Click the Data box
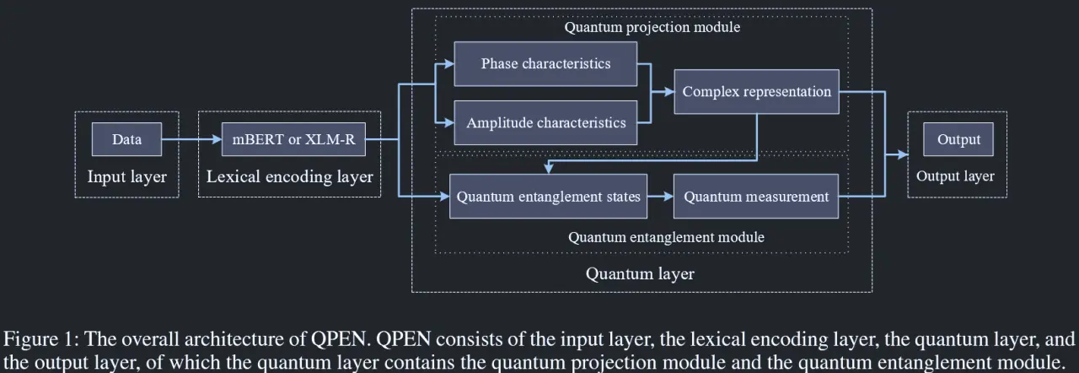click(x=126, y=139)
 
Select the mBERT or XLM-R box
click(x=293, y=139)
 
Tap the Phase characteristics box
click(x=545, y=63)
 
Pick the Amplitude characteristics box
click(x=545, y=122)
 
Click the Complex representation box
click(x=756, y=92)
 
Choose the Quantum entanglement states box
click(x=548, y=196)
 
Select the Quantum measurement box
click(x=756, y=196)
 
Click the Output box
click(x=958, y=139)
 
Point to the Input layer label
click(x=126, y=177)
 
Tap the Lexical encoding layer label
click(x=289, y=177)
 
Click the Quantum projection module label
click(x=652, y=27)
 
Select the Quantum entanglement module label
click(x=666, y=237)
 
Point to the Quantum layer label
click(x=640, y=273)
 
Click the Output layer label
click(x=955, y=176)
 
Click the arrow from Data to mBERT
click(x=191, y=139)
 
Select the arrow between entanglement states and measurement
click(x=660, y=196)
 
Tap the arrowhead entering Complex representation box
click(x=669, y=92)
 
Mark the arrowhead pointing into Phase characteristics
click(x=449, y=63)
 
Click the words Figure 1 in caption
click(x=40, y=339)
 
